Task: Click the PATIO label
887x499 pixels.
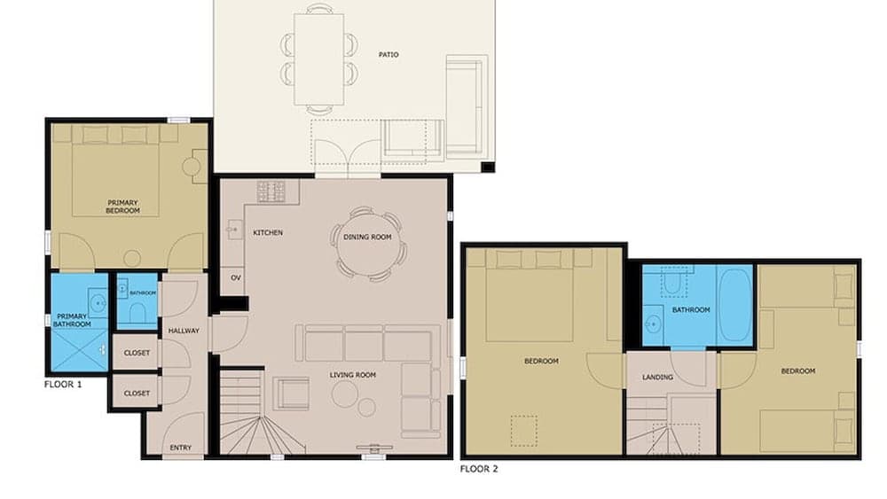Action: coord(389,55)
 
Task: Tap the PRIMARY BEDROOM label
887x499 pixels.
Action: coord(122,207)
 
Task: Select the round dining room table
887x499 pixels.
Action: coord(367,244)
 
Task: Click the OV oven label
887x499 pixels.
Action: coord(236,277)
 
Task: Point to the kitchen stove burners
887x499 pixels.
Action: coord(272,191)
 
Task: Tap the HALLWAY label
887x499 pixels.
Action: coord(184,331)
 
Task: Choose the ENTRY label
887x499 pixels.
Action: coord(180,448)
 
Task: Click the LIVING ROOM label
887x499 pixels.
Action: coord(353,375)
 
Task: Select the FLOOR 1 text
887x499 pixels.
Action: coord(63,386)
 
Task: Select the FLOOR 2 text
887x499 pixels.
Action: coord(479,469)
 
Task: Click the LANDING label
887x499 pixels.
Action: coord(657,378)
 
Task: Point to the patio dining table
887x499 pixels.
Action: coord(319,60)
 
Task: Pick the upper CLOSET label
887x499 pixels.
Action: coord(137,353)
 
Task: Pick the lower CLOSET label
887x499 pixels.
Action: coord(137,393)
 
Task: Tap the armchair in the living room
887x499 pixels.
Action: coord(291,393)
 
